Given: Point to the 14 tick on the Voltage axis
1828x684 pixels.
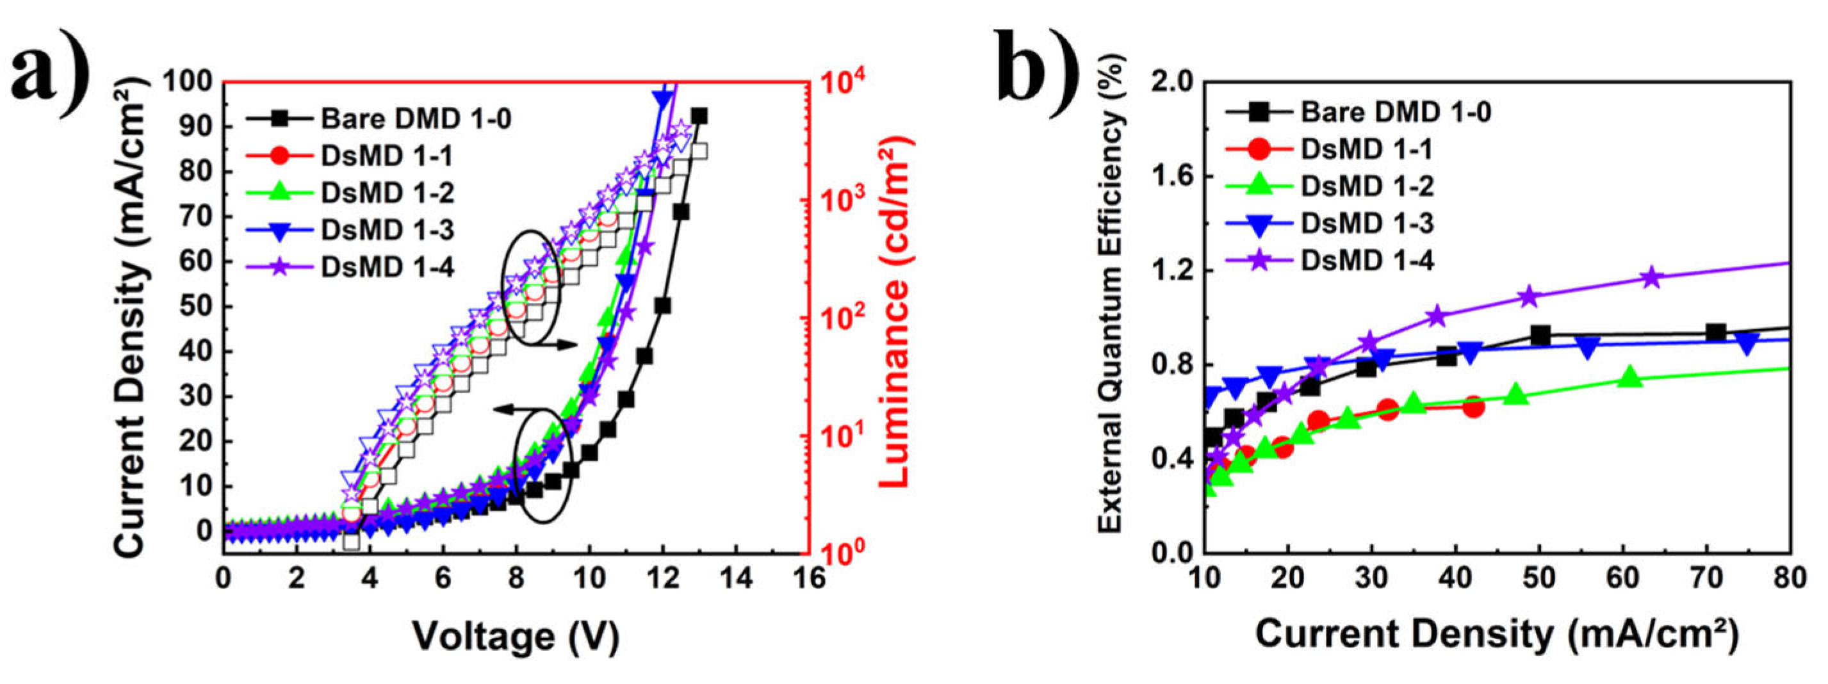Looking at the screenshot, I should [x=736, y=578].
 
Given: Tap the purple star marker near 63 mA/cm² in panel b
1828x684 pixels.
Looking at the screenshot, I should [x=1652, y=277].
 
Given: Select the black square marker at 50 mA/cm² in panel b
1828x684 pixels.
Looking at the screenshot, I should [x=1539, y=335].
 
